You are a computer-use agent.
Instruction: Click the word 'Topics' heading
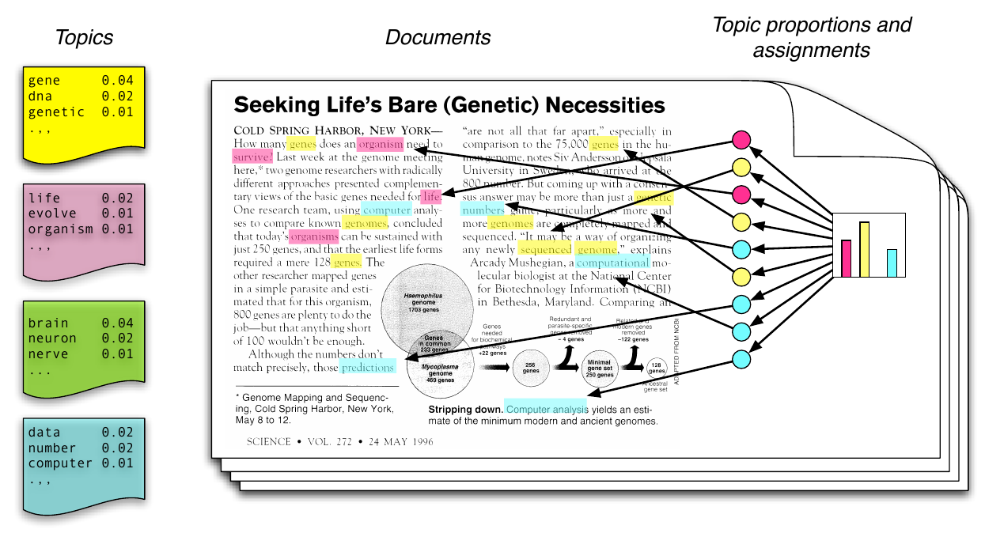pyautogui.click(x=84, y=37)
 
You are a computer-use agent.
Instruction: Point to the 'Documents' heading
pyautogui.click(x=438, y=37)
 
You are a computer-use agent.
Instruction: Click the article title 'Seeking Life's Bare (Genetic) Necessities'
pyautogui.click(x=449, y=105)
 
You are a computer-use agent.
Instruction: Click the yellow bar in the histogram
pyautogui.click(x=865, y=249)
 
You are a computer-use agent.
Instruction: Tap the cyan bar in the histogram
pyautogui.click(x=892, y=263)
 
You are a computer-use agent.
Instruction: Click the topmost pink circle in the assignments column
pyautogui.click(x=741, y=140)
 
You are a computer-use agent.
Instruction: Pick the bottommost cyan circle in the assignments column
pyautogui.click(x=741, y=358)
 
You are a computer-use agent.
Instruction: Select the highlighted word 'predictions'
pyautogui.click(x=367, y=368)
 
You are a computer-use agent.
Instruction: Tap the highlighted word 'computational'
pyautogui.click(x=612, y=263)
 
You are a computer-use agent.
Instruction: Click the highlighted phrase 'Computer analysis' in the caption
pyautogui.click(x=547, y=409)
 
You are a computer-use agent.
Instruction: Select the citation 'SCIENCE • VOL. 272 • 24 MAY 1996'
pyautogui.click(x=340, y=441)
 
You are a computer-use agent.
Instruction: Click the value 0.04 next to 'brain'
pyautogui.click(x=118, y=323)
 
